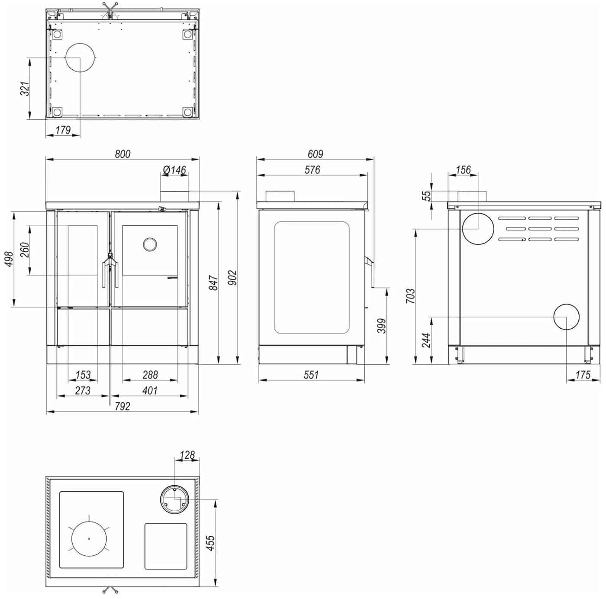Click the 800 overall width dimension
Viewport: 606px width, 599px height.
[x=122, y=154]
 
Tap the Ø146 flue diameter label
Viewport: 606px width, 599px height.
[x=174, y=170]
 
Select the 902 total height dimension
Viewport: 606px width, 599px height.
[x=232, y=278]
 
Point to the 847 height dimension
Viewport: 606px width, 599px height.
[x=213, y=282]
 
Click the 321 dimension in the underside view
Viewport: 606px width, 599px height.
[x=25, y=89]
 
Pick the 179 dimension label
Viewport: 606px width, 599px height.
[x=63, y=130]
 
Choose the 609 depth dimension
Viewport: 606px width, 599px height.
[x=316, y=154]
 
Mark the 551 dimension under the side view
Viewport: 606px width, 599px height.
[x=311, y=375]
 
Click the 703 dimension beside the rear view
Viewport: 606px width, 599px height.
[x=410, y=296]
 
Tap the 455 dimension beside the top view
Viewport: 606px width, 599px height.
[x=210, y=543]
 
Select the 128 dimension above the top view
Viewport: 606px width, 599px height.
[x=187, y=455]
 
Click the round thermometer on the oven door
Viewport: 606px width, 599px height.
[x=150, y=244]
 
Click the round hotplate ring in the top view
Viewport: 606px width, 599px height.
[x=89, y=538]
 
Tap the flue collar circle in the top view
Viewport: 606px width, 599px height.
[x=174, y=500]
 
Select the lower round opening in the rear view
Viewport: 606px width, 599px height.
[x=566, y=317]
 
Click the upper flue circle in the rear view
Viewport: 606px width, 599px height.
[x=478, y=228]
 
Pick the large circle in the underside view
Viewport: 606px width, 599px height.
[x=80, y=58]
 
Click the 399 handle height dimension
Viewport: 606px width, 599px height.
[x=381, y=326]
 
